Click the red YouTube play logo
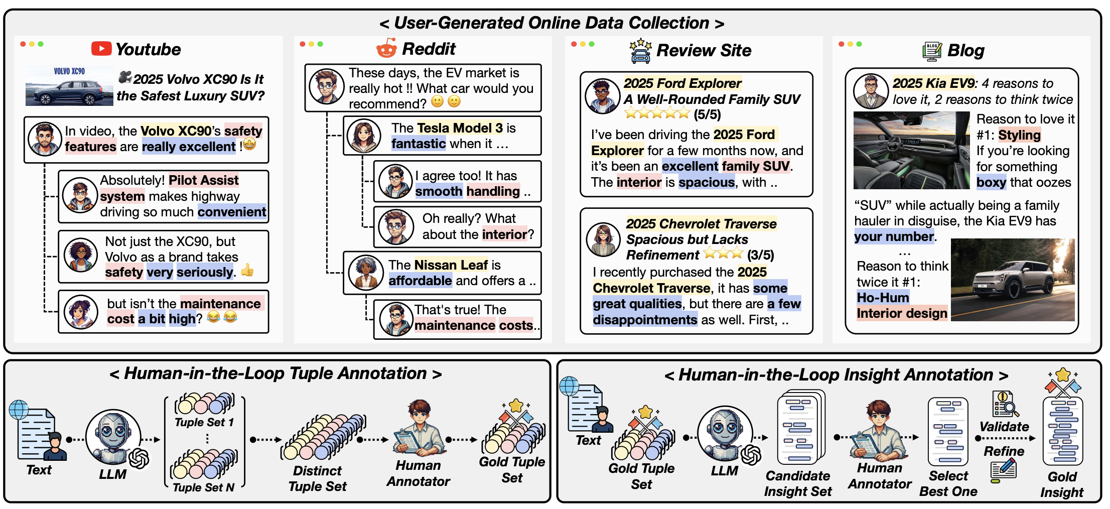[x=101, y=49]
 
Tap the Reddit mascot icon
[x=386, y=49]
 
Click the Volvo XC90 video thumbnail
[x=69, y=86]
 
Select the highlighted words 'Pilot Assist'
[x=204, y=180]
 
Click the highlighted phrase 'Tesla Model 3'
[x=460, y=128]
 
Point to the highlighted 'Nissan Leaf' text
[x=451, y=265]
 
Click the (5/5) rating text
[x=707, y=115]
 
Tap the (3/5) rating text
[x=760, y=255]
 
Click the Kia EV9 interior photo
[x=911, y=150]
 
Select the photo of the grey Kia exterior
[x=1013, y=280]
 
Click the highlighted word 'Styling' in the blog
[x=1019, y=135]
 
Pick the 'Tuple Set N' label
[x=203, y=487]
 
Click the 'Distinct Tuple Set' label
[x=317, y=478]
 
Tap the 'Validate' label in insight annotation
[x=1004, y=427]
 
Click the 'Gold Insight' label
[x=1062, y=484]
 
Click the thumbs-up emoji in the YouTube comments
[x=247, y=271]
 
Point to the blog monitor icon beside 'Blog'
[x=932, y=51]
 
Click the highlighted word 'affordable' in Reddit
[x=420, y=281]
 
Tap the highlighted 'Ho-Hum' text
[x=883, y=298]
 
